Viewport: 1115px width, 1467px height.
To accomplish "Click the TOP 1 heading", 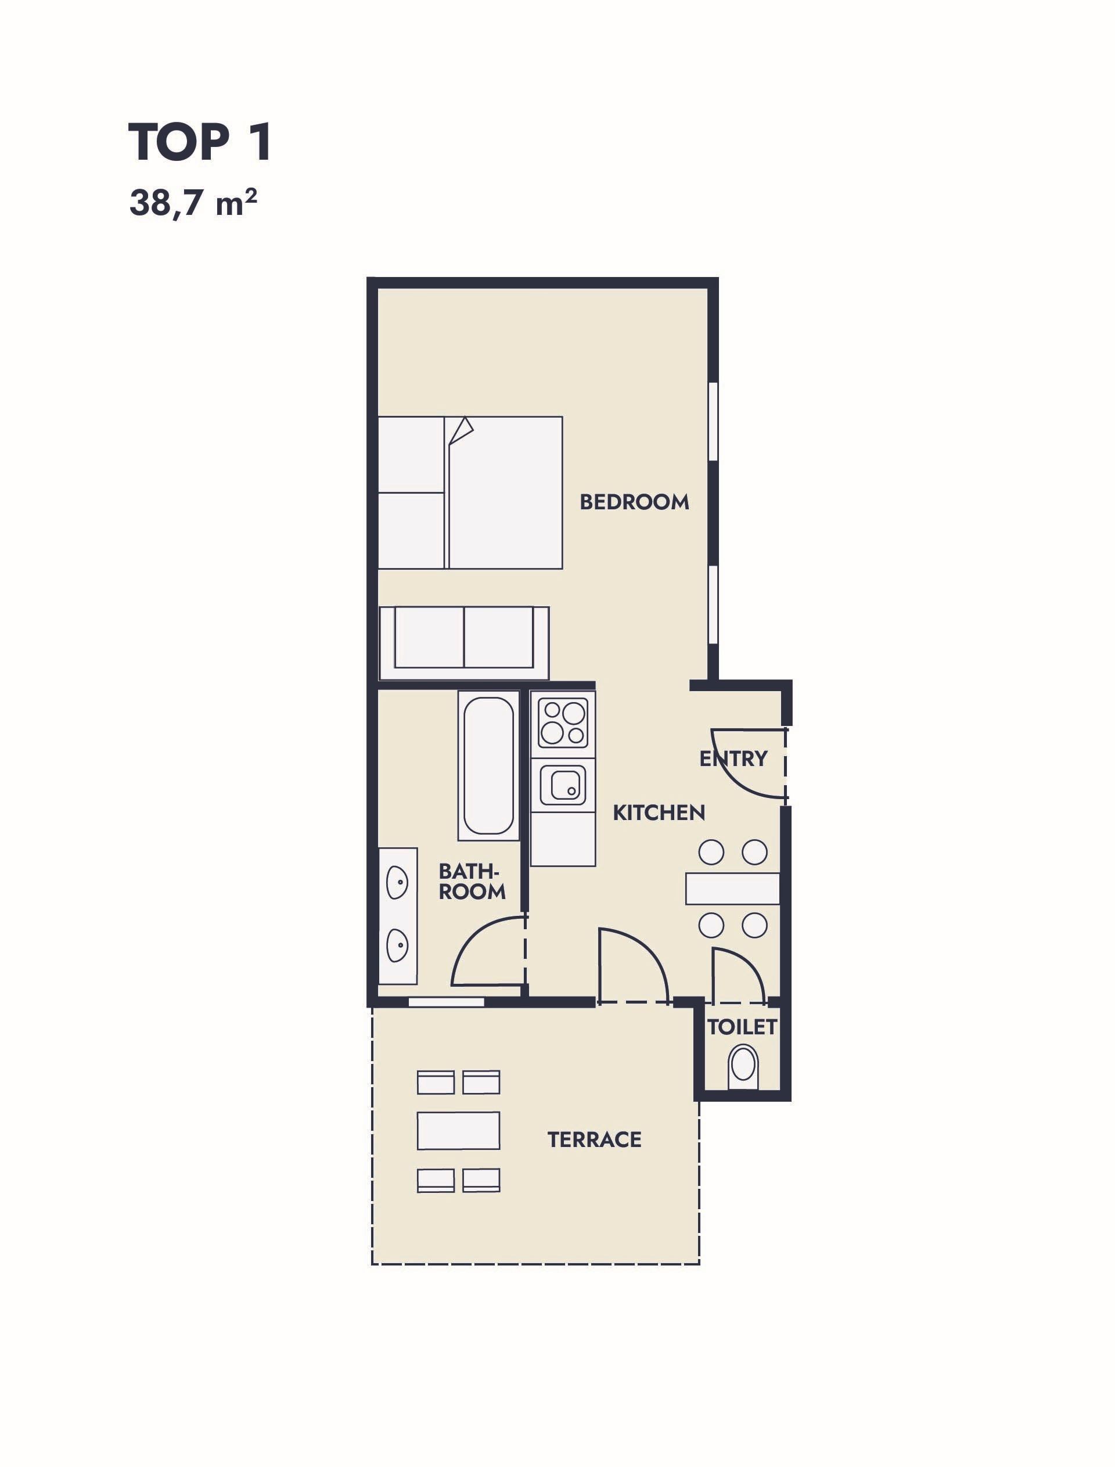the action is [200, 142].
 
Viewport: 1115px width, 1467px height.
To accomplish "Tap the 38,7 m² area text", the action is [193, 203].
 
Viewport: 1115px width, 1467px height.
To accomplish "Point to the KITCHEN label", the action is [659, 812].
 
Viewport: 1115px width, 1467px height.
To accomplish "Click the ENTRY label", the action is [733, 758].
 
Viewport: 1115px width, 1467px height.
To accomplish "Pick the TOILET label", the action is [742, 1027].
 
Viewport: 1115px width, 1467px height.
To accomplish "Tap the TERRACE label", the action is [595, 1139].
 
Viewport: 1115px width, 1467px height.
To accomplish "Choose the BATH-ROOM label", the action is [472, 881].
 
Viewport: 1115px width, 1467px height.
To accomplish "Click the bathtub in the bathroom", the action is [488, 765].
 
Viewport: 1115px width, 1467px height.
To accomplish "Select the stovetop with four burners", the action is [563, 723].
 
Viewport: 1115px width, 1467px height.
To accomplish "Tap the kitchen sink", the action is [563, 785].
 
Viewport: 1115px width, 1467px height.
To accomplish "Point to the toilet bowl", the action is [743, 1067].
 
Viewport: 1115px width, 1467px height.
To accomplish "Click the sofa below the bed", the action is [464, 642].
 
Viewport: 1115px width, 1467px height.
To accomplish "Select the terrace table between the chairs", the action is [459, 1131].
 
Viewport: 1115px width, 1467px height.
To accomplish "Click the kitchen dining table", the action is [733, 888].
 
